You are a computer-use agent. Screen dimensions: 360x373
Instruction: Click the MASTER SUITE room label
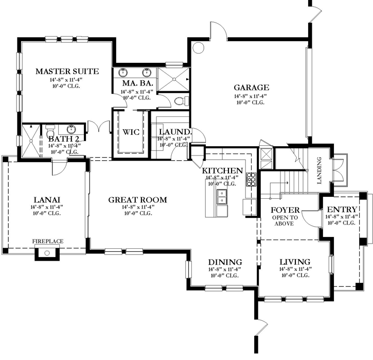(x=66, y=71)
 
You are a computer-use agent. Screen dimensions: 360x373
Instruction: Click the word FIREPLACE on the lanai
(x=48, y=241)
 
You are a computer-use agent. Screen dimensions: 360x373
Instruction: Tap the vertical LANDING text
(x=319, y=170)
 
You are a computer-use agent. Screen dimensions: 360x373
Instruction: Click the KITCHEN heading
(x=222, y=170)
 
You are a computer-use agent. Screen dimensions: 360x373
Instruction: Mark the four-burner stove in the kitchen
(x=252, y=179)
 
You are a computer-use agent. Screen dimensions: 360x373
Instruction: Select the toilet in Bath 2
(x=50, y=128)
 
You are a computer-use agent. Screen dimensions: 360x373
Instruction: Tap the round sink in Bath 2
(x=72, y=129)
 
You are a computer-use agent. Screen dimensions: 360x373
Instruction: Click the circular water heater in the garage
(x=198, y=48)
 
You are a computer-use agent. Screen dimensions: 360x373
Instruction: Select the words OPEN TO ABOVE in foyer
(x=285, y=220)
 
